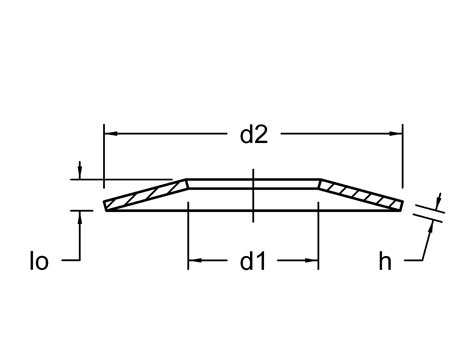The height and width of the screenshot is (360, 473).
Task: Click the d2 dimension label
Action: [254, 135]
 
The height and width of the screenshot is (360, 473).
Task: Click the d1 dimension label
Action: [253, 261]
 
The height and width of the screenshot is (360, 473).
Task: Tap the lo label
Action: [39, 261]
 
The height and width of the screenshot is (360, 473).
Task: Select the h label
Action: [385, 261]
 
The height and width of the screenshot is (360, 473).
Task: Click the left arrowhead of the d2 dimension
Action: [111, 134]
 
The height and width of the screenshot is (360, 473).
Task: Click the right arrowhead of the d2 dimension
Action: [396, 134]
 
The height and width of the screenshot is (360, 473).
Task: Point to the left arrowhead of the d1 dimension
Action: [195, 260]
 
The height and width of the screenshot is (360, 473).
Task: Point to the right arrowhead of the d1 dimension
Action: [312, 260]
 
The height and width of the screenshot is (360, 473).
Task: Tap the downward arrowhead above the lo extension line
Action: [79, 172]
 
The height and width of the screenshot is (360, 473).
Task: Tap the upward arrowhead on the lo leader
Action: [79, 217]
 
